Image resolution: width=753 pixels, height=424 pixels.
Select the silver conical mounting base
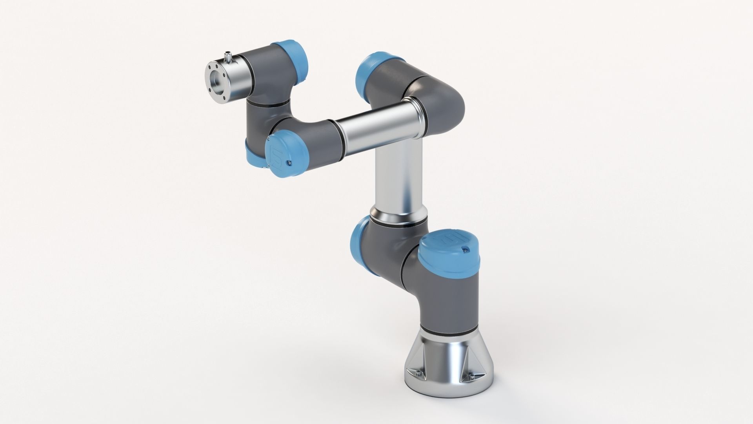447,373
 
